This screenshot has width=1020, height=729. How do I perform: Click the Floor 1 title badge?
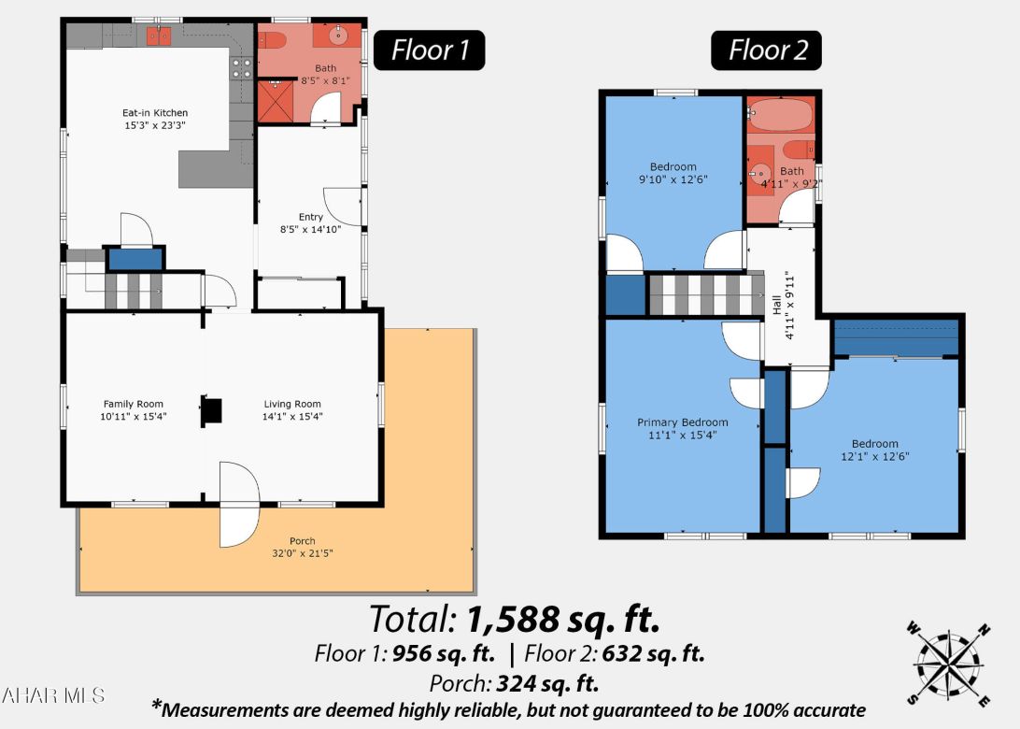(429, 50)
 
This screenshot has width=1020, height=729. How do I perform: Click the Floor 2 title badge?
(767, 50)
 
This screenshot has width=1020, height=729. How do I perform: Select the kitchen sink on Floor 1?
(158, 36)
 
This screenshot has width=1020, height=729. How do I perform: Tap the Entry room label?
(310, 217)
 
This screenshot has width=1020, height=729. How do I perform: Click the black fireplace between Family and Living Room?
(213, 412)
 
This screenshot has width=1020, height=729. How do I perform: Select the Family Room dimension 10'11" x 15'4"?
(134, 416)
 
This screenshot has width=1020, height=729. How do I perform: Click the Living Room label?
(291, 404)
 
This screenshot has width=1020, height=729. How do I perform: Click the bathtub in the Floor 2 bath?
(781, 116)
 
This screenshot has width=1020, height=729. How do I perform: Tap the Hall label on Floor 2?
(776, 304)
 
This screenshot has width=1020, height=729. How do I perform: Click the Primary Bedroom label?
(682, 422)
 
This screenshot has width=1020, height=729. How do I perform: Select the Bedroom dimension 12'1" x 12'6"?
(874, 456)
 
